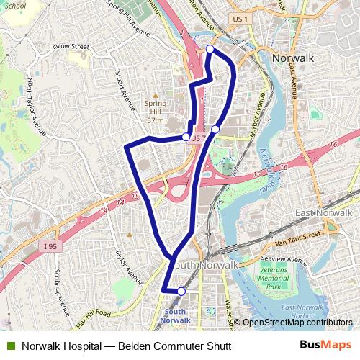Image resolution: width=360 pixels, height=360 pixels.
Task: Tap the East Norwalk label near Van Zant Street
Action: coord(323,214)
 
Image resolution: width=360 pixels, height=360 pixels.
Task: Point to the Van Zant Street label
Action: coord(293,238)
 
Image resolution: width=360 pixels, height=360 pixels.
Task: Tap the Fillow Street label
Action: coord(71,47)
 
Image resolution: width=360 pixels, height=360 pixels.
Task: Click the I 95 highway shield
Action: coord(50,247)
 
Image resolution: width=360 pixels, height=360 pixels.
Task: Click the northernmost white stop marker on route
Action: coord(210,49)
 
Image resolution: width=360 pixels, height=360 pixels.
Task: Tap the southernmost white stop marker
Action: coord(181,291)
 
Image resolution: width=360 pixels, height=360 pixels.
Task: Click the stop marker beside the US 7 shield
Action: coord(186,137)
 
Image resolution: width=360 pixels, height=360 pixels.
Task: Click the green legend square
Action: coord(10,346)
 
